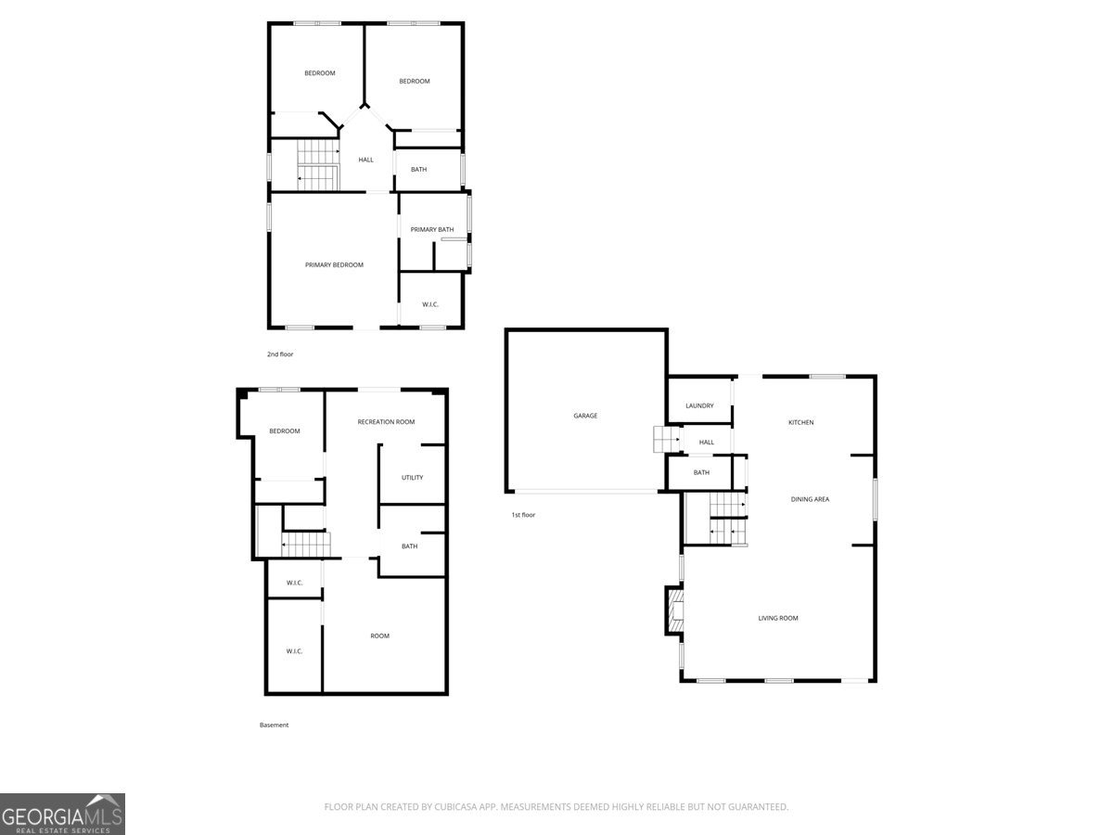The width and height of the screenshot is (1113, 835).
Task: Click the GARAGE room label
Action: click(x=585, y=416)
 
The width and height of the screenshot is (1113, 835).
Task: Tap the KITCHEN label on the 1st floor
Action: click(x=800, y=422)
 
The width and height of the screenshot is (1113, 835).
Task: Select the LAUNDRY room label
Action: click(x=699, y=405)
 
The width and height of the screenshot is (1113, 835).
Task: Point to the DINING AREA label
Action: click(x=810, y=499)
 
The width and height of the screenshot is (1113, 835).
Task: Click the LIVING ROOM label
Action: click(x=778, y=618)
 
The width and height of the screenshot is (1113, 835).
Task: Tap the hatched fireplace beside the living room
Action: click(x=675, y=610)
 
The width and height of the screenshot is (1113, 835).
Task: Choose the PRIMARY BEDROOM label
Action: click(x=334, y=264)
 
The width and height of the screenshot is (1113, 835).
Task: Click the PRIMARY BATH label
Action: click(x=431, y=230)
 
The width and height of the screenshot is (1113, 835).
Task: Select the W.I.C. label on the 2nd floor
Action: click(x=430, y=304)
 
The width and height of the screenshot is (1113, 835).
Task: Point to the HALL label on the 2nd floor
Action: click(x=365, y=160)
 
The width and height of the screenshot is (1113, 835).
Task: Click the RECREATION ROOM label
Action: click(x=386, y=422)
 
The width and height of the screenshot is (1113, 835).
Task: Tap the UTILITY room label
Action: click(x=412, y=478)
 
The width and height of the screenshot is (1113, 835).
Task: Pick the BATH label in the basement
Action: click(x=409, y=546)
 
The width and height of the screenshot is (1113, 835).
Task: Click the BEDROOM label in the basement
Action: click(x=284, y=430)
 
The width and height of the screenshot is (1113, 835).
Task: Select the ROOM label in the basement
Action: click(x=379, y=636)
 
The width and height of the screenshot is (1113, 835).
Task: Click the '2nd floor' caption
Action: click(x=280, y=354)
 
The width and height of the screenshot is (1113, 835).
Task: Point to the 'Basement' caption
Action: click(x=274, y=725)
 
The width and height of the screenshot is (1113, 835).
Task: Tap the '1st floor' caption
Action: click(x=523, y=515)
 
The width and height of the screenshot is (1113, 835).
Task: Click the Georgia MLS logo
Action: click(x=62, y=814)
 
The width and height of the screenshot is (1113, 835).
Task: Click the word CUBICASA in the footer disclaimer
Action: click(x=454, y=806)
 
